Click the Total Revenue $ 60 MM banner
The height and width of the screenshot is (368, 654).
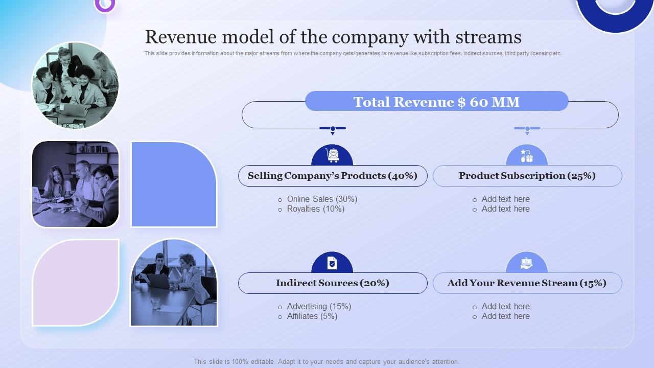437,101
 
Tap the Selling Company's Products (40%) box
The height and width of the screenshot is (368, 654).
333,176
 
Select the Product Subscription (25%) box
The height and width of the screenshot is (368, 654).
527,176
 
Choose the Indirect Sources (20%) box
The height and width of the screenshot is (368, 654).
333,283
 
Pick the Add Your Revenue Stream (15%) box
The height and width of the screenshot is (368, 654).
527,283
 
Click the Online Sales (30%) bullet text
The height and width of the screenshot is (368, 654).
322,199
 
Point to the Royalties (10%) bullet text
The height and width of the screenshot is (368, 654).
316,209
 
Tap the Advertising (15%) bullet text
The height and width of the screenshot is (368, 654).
319,306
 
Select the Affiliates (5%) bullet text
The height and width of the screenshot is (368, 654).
312,316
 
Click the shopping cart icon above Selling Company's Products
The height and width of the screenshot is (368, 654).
332,155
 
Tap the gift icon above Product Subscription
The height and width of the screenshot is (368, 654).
527,156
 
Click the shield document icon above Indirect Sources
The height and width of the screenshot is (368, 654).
332,263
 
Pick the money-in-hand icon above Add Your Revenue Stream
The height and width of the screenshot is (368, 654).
526,263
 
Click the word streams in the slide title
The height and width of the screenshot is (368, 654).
488,37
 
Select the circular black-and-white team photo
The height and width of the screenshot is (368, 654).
75,85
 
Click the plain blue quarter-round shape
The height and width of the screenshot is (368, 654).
174,185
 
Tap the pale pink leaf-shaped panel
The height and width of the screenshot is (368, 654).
76,283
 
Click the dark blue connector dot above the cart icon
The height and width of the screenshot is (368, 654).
333,128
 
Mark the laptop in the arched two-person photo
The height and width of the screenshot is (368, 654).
158,281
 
